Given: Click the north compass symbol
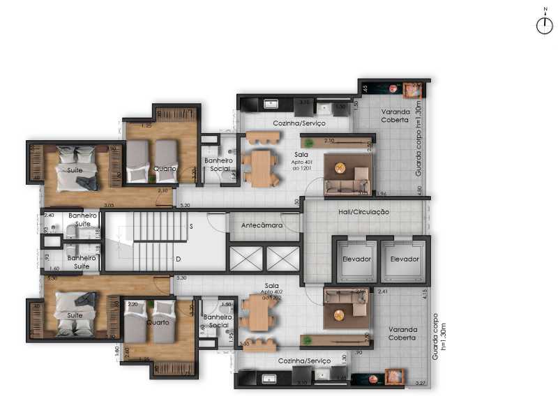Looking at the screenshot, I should coord(544,25).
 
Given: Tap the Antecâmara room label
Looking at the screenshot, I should coord(262,226).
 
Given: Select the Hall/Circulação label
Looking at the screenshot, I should coord(364,211).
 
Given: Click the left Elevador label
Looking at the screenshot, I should coord(356,259).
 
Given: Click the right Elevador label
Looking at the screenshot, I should coord(404,259).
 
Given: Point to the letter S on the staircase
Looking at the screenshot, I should coord(191,227).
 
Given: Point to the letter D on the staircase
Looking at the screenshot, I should coord(179,259).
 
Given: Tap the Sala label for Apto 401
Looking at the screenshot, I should coord(301,154).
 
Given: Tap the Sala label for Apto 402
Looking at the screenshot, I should coord(271,286).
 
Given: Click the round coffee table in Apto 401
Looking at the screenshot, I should coord(340,167).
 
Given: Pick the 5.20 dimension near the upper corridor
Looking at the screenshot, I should coord(185,206).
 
